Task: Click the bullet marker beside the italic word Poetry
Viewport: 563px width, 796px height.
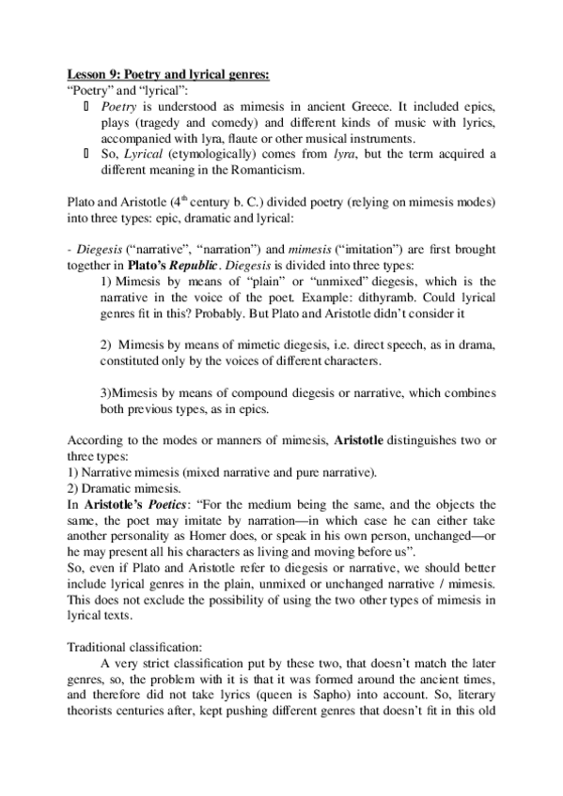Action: click(x=87, y=107)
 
